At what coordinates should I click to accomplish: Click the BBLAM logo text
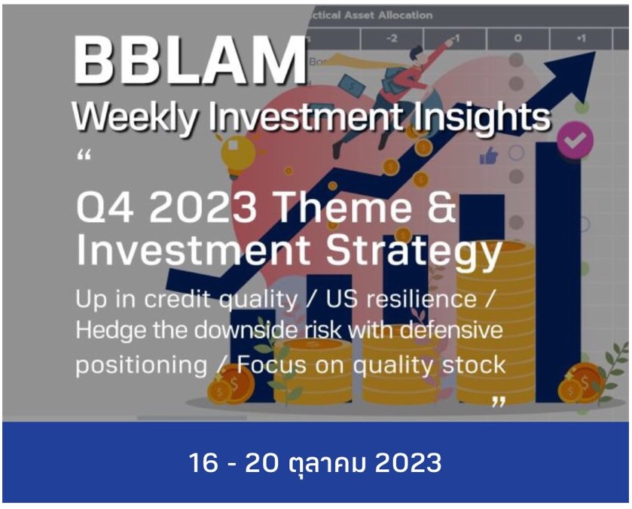(190, 62)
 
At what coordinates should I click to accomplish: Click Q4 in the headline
(105, 208)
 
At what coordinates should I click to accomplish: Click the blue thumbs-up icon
(488, 156)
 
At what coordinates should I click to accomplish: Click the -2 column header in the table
(392, 38)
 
